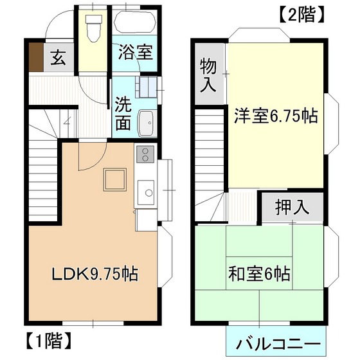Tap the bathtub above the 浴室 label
135,22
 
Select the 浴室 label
136,52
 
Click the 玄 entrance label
59,57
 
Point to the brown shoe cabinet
36,57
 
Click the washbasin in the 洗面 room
147,123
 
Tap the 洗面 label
123,113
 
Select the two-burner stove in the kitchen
145,154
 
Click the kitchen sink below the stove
146,192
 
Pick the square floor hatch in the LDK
115,179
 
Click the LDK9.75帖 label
95,274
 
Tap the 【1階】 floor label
48,341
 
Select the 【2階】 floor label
301,14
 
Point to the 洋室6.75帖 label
276,116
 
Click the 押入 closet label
292,207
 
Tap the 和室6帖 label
260,273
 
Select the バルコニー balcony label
278,344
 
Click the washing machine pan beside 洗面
147,87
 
